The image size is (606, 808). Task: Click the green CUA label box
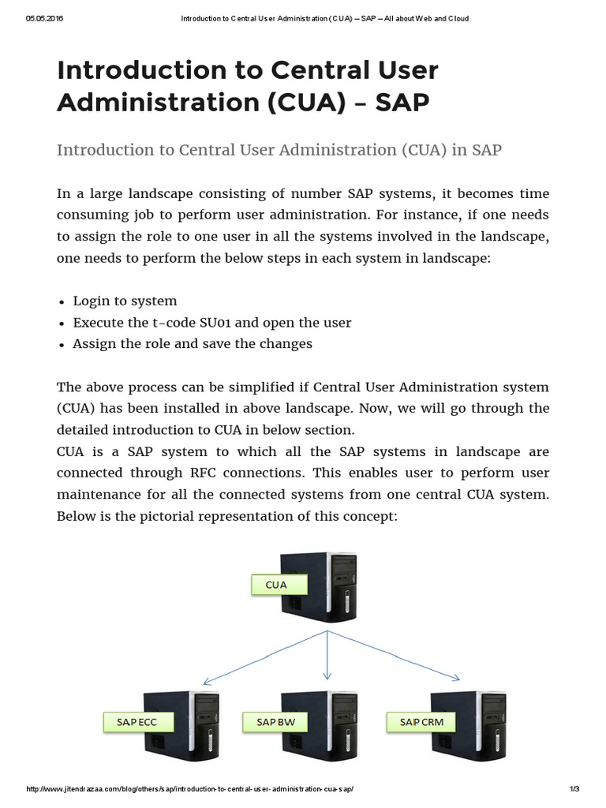[x=277, y=585]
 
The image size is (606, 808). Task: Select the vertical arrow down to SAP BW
[x=327, y=655]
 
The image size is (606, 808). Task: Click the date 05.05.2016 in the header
[x=44, y=19]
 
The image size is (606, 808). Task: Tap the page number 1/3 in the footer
[x=574, y=790]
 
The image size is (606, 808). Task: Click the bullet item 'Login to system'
[x=125, y=301]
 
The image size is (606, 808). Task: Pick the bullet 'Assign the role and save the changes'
[x=193, y=344]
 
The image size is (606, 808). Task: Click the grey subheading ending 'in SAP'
[x=279, y=150]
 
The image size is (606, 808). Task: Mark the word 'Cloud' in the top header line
[x=458, y=19]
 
